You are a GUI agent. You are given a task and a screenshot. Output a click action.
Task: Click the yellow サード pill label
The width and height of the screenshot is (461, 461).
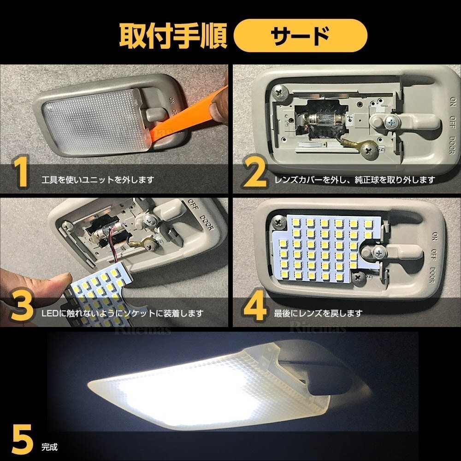tap(300, 35)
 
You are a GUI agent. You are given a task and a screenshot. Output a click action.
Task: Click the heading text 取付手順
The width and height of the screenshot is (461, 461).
tap(173, 36)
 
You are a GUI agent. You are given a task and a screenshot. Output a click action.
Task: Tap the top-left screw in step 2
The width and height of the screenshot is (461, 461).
tap(280, 92)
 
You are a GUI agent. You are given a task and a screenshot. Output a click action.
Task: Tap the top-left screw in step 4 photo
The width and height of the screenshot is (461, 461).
tap(278, 222)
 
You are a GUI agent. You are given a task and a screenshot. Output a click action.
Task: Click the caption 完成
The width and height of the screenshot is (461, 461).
tap(49, 447)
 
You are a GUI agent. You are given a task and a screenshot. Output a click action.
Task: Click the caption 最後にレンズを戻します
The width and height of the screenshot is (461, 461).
tap(318, 314)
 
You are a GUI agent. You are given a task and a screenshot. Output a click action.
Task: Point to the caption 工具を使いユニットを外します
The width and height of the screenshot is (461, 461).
tap(98, 180)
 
